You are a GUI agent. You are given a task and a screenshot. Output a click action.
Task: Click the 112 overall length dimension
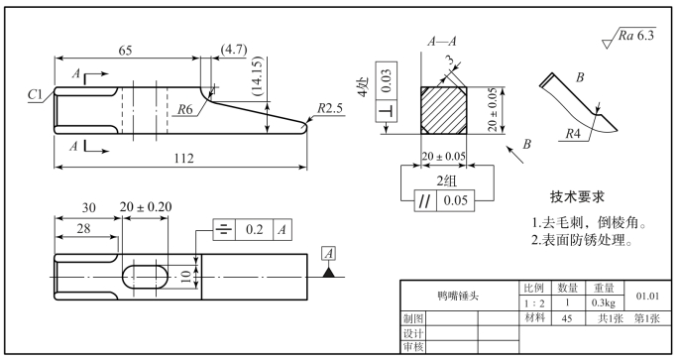pos(183,158)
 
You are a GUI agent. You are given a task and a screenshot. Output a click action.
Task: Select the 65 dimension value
pos(125,51)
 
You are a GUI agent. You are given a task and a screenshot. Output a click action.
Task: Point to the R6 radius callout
pos(185,109)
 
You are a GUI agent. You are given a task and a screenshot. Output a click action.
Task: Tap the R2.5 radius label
pos(330,108)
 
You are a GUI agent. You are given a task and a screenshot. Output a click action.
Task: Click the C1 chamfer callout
pos(36,94)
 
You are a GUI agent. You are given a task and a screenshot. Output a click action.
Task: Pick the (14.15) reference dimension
pos(257,75)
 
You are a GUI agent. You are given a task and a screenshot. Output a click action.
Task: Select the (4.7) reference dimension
pos(234,49)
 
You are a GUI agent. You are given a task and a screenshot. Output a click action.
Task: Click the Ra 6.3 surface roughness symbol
pos(629,37)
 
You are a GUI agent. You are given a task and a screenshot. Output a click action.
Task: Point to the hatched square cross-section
pos(444,110)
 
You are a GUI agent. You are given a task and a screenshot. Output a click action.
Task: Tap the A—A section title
pos(442,42)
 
